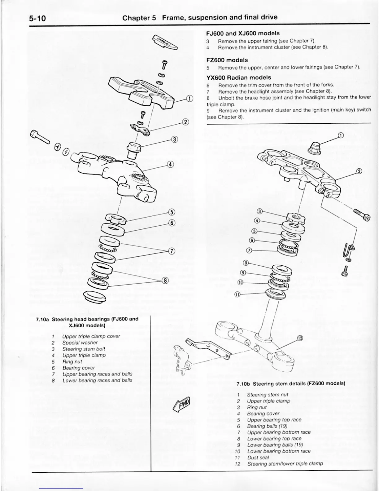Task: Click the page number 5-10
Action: click(37, 18)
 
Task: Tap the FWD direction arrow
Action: click(182, 404)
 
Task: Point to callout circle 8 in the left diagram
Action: click(166, 281)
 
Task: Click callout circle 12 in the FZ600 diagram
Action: click(300, 338)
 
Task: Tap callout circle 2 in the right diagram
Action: click(359, 171)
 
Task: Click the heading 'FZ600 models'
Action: click(227, 60)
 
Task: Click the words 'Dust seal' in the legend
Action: click(258, 457)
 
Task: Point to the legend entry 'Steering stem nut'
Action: click(268, 395)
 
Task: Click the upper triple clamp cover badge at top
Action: click(164, 42)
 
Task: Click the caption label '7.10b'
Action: click(243, 383)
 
